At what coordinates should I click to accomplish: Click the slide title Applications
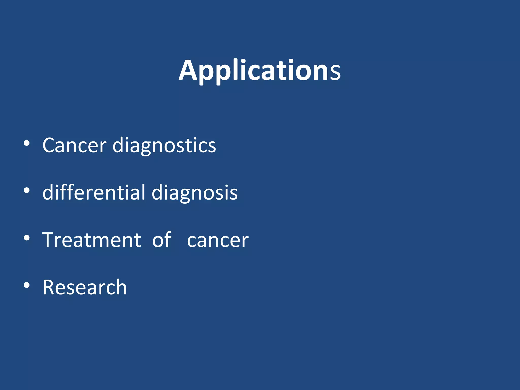point(259,70)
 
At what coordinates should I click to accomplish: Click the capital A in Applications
point(188,71)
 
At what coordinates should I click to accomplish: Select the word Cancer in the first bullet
point(74,145)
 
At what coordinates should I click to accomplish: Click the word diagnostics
point(164,145)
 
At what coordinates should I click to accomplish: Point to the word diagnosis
point(194,192)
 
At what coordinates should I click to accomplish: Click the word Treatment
point(92,240)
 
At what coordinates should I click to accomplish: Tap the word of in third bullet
point(162,240)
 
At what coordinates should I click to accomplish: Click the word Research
point(85,287)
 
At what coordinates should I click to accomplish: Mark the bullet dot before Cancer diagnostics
point(27,143)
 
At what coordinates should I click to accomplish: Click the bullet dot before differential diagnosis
point(27,191)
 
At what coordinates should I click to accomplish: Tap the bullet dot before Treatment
point(27,238)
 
